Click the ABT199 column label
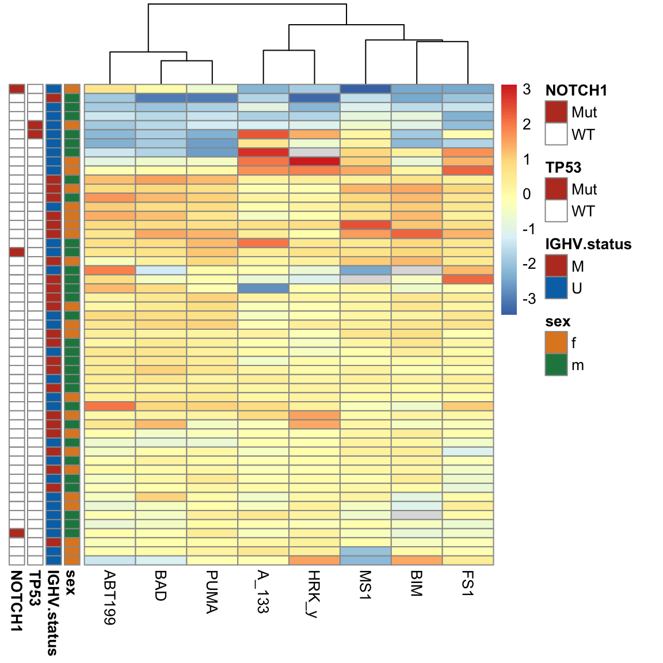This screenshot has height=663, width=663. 109,597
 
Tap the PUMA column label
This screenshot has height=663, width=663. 212,592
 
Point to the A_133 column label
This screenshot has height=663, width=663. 262,592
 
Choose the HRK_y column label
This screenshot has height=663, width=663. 314,593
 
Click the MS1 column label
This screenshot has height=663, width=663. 365,585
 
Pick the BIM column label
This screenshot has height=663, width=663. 416,583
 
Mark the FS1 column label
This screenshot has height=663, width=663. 467,582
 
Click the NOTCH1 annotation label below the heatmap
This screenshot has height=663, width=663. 16,601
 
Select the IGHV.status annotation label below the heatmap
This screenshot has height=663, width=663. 53,612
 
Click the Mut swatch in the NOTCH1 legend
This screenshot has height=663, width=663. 556,112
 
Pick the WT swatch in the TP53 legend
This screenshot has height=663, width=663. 556,211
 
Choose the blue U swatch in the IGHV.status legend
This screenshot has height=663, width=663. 556,288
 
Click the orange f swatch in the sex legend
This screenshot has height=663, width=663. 556,343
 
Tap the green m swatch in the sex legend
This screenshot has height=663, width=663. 556,365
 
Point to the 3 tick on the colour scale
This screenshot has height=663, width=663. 527,89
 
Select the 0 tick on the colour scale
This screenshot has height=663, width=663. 527,194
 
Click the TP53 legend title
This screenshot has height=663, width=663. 563,167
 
